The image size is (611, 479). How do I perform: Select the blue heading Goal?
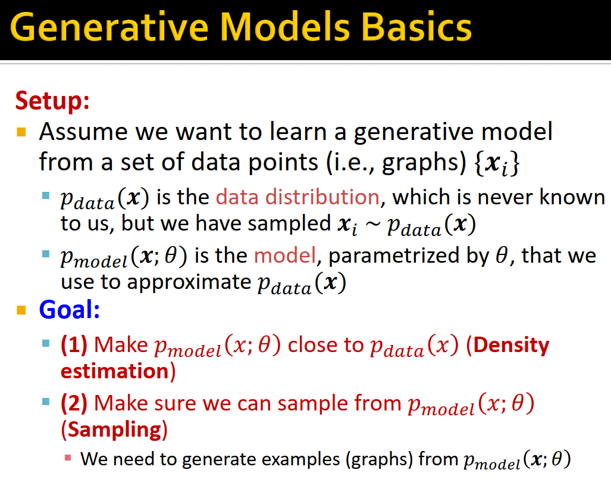(x=69, y=309)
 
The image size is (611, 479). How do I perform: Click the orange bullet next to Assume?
(x=22, y=131)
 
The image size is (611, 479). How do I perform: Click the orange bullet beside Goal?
(x=22, y=310)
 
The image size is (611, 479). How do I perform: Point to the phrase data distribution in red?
(x=297, y=197)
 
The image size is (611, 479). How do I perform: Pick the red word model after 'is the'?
(x=285, y=256)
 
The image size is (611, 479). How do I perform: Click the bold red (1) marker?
(x=74, y=345)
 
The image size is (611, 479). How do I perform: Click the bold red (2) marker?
(x=74, y=404)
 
